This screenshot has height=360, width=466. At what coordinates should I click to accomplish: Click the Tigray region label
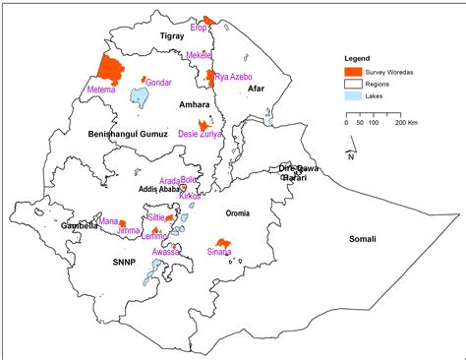173,35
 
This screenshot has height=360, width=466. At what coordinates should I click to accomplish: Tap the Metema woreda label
101,90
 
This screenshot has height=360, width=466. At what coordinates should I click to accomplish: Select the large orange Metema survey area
110,70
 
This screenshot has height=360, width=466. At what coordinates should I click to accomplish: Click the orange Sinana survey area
223,242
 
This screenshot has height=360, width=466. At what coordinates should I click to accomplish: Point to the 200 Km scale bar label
405,124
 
